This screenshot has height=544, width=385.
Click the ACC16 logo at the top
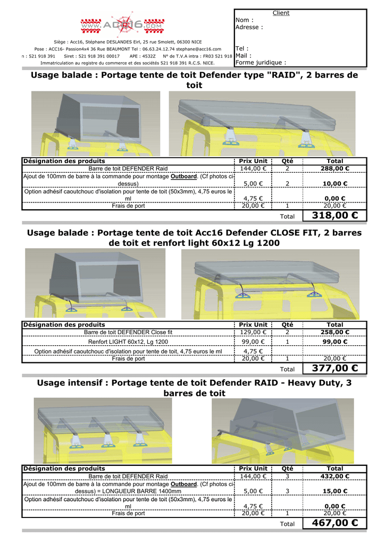pos(122,25)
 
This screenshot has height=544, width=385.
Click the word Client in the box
pos(281,13)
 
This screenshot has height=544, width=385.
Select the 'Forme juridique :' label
pos(261,62)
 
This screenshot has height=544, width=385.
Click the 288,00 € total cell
pos(335,168)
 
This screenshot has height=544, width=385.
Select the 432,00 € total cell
pos(335,476)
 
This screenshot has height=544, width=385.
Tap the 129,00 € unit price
pos(253,332)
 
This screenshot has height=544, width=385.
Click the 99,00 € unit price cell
pos(253,342)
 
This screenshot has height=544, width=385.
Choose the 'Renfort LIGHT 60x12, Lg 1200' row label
pos(128,342)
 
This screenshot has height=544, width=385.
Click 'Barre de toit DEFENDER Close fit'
pos(128,332)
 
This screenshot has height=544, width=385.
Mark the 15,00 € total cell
pos(335,491)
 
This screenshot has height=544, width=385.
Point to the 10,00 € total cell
pos(335,184)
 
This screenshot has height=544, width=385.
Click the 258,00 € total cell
pos(335,332)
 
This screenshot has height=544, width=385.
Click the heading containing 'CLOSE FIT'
pos(194,237)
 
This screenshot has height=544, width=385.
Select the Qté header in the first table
pos(287,161)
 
